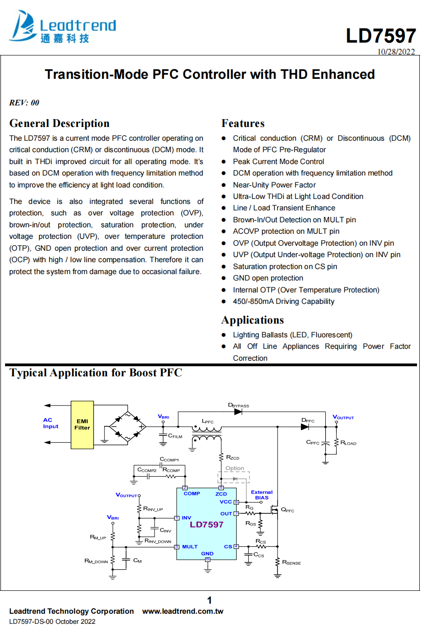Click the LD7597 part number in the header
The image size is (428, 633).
(x=381, y=36)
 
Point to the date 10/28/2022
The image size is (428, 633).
(x=396, y=52)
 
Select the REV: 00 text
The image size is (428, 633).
(x=24, y=103)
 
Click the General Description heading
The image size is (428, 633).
(x=59, y=123)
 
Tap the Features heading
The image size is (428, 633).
(x=243, y=123)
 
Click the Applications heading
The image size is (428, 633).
(x=252, y=320)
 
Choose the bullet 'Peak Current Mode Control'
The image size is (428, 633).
(x=278, y=161)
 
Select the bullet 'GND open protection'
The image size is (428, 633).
(x=268, y=278)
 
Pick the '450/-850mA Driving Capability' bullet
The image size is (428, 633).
(x=283, y=301)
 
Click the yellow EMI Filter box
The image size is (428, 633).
(x=82, y=424)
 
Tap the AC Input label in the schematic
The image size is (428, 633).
(x=50, y=423)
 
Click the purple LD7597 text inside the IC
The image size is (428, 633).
(x=206, y=524)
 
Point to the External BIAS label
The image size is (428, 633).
(x=261, y=495)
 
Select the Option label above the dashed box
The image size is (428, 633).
(x=234, y=468)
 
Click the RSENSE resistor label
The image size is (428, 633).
(x=291, y=562)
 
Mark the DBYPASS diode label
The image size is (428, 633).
(x=239, y=406)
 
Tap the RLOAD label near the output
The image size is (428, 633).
(x=348, y=443)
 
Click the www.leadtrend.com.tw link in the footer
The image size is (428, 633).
(x=183, y=611)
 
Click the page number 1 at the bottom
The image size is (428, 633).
(x=209, y=600)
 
